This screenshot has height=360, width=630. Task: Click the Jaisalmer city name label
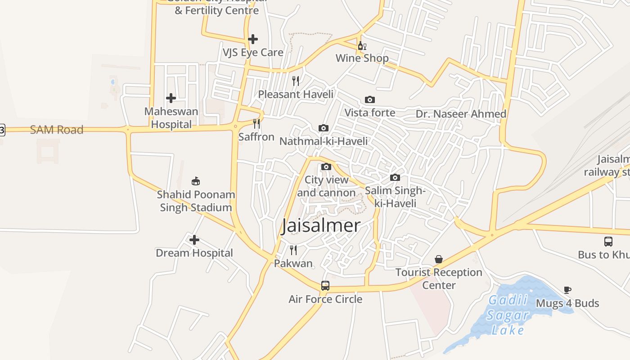tap(321, 226)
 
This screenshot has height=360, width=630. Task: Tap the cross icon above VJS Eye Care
tap(253, 39)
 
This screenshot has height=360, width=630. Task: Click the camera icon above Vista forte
tap(369, 99)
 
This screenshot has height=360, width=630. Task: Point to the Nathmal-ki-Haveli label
tap(324, 141)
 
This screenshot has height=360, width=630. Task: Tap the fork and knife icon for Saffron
tap(256, 123)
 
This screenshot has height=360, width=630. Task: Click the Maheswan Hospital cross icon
tap(171, 98)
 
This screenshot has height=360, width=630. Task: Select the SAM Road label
tap(57, 130)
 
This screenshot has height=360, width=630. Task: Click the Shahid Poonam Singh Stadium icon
tap(196, 181)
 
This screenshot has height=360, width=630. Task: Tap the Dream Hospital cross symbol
tap(194, 240)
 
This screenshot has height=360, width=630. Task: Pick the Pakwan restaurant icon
tap(293, 250)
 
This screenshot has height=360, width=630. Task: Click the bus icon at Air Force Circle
tap(325, 285)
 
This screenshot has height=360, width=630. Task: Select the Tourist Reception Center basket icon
tap(439, 259)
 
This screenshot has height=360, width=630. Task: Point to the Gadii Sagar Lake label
tap(508, 315)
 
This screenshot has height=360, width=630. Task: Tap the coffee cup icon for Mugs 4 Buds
tap(567, 290)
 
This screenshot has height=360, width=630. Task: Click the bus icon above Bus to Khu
tap(608, 241)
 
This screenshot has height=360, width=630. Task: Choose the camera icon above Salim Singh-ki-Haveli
tap(395, 177)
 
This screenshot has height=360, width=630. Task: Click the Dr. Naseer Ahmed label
tap(461, 114)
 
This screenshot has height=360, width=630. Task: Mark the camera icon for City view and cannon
tap(326, 166)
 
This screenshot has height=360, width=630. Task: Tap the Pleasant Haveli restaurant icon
tap(296, 81)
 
